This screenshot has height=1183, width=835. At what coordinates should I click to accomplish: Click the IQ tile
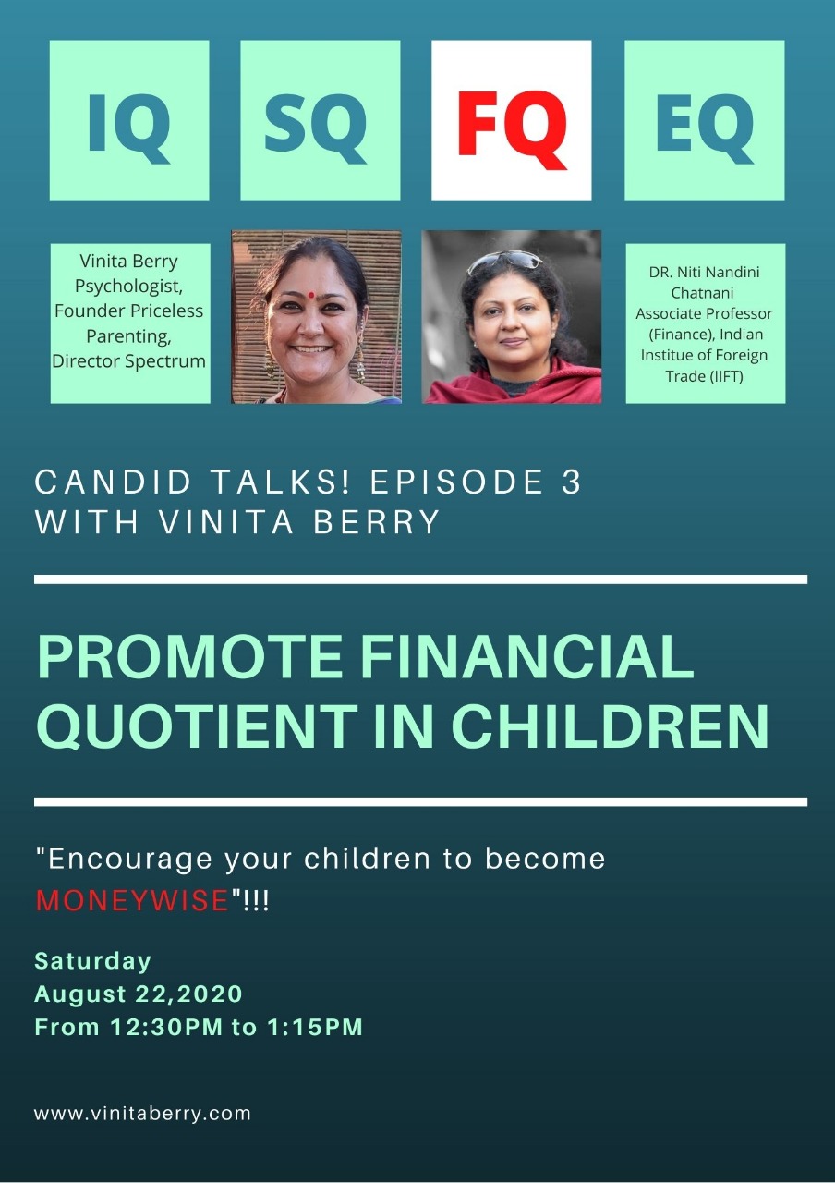click(129, 120)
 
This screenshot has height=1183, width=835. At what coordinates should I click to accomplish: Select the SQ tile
click(320, 120)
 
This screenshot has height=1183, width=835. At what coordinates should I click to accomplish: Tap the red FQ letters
click(512, 130)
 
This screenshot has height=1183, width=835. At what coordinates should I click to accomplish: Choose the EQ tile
click(704, 120)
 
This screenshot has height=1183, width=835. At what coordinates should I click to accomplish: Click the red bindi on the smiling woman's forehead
click(311, 296)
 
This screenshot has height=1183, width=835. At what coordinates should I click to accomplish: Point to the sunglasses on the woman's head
click(504, 261)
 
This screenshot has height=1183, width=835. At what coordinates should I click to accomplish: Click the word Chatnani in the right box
click(702, 293)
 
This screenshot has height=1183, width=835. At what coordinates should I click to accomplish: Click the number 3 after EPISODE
click(571, 482)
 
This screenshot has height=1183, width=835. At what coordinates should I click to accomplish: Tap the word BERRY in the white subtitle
click(376, 522)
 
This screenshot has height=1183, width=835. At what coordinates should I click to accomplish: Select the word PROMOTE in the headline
click(190, 656)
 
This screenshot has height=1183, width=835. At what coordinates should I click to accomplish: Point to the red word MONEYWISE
click(132, 900)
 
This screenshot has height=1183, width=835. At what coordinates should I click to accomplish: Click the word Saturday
click(93, 961)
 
